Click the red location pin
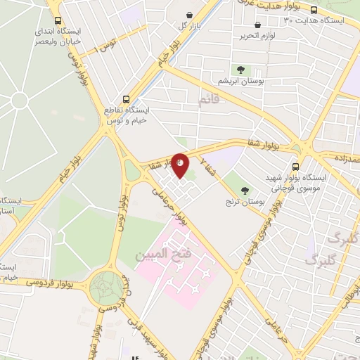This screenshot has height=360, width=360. click(x=181, y=165)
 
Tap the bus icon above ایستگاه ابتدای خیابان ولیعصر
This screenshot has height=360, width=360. click(x=58, y=21)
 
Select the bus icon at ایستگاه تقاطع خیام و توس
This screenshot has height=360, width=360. click(x=126, y=99)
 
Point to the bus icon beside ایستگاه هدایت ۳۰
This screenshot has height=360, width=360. click(x=314, y=10)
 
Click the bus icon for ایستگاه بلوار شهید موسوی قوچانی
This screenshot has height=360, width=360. click(x=295, y=167)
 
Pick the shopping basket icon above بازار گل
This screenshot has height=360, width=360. click(x=189, y=14)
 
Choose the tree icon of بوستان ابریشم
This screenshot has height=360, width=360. click(x=241, y=70)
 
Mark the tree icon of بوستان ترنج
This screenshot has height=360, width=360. click(x=245, y=188)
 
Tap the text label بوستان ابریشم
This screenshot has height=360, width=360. click(x=241, y=82)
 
